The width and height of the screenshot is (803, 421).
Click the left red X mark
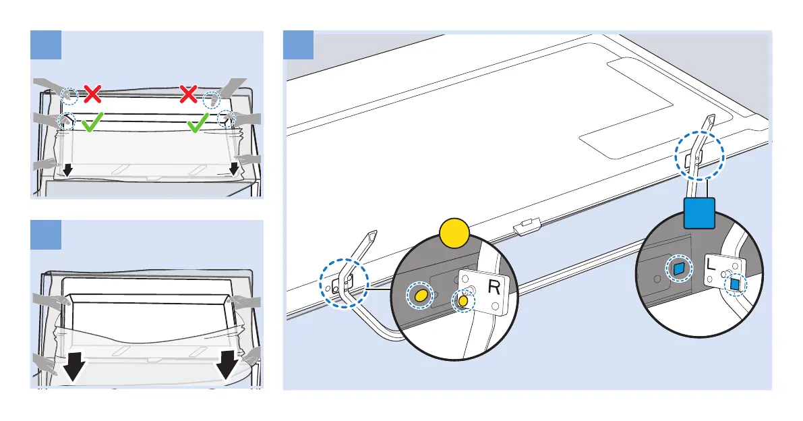(92, 93)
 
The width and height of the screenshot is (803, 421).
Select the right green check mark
(198, 123)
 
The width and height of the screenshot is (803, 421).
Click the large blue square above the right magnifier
(698, 214)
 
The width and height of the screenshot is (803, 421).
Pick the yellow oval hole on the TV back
(419, 296)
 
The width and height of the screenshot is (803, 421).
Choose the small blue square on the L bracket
(735, 285)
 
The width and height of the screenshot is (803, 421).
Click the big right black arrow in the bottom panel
(230, 364)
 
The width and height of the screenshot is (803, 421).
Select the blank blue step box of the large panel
(299, 46)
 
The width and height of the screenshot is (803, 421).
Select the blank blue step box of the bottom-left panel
(47, 234)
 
